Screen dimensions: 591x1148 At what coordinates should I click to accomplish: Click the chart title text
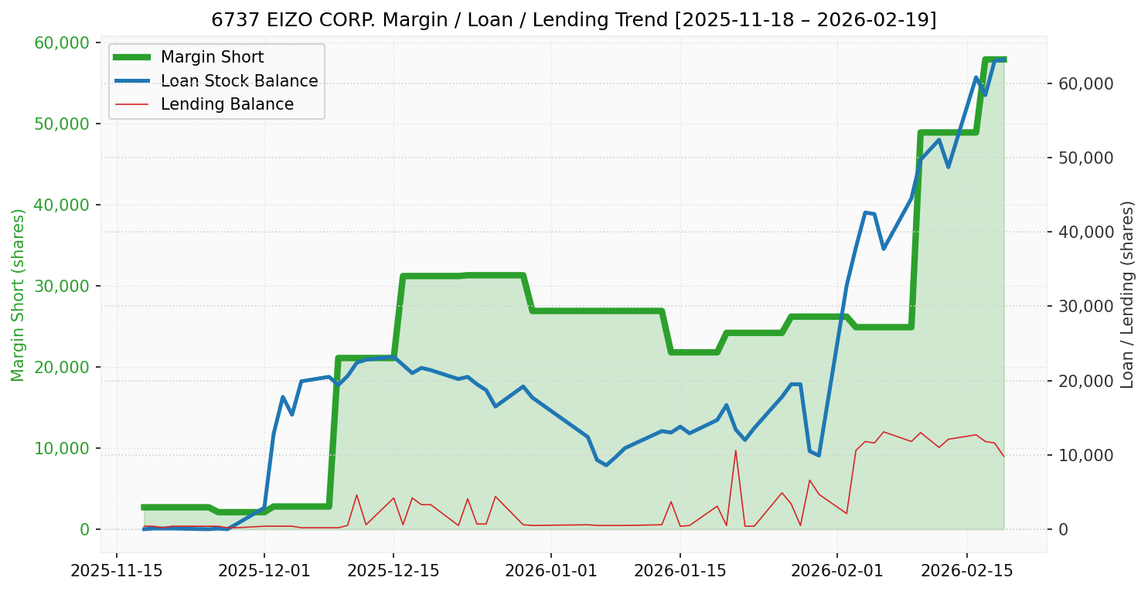click(574, 20)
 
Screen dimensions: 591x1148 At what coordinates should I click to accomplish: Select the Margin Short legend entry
click(212, 57)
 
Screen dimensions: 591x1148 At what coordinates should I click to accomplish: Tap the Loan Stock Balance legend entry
click(239, 81)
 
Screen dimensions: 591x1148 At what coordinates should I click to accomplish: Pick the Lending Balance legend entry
click(227, 104)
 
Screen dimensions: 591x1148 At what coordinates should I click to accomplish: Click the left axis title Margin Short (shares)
click(18, 295)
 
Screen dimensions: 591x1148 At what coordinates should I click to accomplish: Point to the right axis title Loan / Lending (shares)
click(1127, 294)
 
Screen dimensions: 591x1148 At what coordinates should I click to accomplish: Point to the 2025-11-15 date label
click(117, 572)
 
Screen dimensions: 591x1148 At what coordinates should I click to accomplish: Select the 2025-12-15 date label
click(393, 572)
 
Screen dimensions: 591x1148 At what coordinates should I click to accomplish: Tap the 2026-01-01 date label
click(551, 572)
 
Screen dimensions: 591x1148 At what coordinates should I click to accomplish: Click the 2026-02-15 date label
click(966, 572)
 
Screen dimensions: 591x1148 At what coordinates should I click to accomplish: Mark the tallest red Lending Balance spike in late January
click(735, 450)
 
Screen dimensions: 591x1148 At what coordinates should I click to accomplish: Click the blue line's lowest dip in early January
click(606, 465)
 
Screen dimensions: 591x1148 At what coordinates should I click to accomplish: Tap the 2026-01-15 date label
click(680, 572)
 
